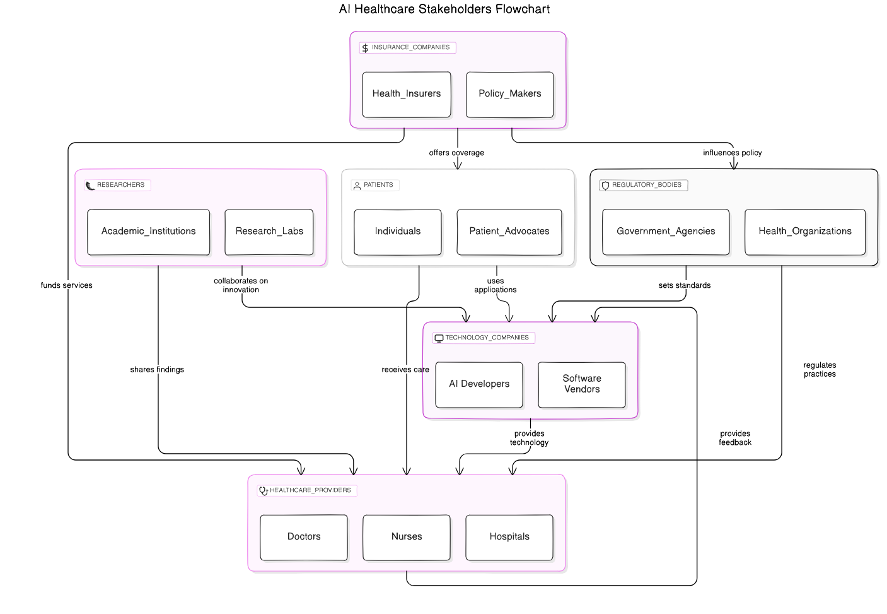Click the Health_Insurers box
407,94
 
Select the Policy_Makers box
509,94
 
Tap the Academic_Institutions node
148,232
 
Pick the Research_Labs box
269,232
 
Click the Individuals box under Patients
397,232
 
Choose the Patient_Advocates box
509,232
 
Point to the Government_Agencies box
666,232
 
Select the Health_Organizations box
805,232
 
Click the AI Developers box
478,384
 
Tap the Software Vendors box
581,384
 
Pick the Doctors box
304,537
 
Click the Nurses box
407,537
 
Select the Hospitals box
509,537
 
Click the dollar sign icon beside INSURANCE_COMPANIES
365,48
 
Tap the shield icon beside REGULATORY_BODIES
605,186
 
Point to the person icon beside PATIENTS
357,186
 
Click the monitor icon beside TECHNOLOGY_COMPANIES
439,338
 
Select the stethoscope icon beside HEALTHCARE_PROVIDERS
264,491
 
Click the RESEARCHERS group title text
120,185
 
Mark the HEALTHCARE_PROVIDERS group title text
310,490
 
